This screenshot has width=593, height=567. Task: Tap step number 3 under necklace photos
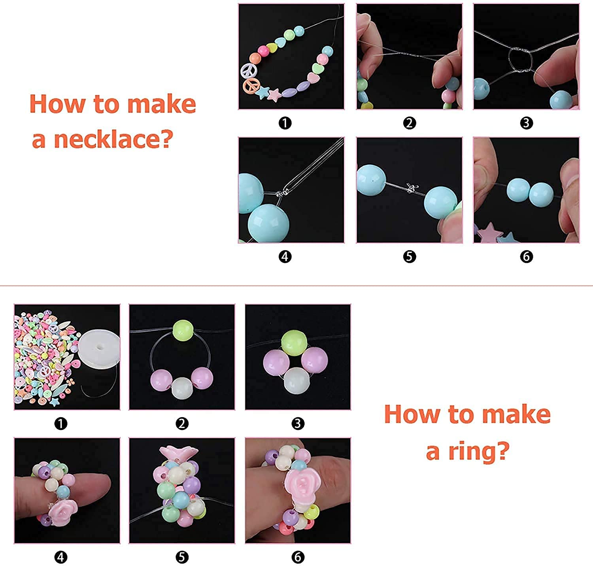[526, 123]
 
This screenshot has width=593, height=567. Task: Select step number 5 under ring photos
[181, 557]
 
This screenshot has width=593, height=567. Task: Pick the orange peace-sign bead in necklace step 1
[251, 85]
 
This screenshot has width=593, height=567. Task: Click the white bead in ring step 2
[182, 388]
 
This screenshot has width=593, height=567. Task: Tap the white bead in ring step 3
[296, 380]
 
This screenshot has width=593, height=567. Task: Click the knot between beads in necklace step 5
[410, 189]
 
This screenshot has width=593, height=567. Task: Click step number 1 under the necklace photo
[285, 123]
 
